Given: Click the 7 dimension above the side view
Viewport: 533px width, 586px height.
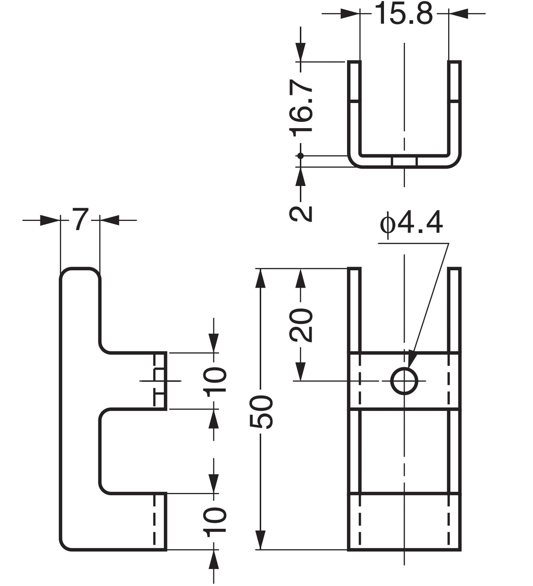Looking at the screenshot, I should tap(80, 220).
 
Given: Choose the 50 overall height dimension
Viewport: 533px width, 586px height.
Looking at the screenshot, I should tap(261, 412).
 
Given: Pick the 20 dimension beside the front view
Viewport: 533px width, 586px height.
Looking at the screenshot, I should tap(301, 325).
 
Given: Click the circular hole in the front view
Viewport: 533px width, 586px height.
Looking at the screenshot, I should tap(404, 381).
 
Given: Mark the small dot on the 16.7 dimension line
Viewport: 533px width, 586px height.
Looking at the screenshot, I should tap(301, 156).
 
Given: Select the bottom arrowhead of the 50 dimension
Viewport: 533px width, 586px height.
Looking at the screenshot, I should tap(261, 541).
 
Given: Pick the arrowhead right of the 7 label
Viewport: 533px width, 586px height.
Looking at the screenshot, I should tap(109, 220).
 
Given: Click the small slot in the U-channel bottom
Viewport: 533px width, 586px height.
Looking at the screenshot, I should tap(404, 162).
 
